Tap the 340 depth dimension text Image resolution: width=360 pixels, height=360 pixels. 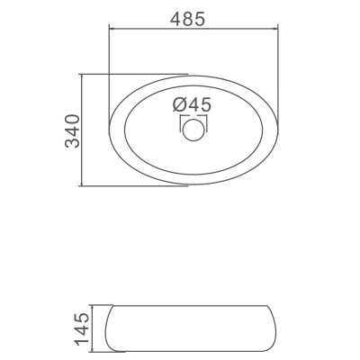point(75,131)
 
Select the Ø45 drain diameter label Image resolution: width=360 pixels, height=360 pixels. point(192,103)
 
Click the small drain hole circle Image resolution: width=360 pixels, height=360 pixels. point(193,130)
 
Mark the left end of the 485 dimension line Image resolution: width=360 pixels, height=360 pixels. point(109,27)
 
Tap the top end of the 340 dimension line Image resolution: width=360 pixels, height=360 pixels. point(84,75)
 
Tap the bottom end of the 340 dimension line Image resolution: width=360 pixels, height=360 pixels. point(84,187)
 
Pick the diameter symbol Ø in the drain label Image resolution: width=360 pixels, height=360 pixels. point(178,103)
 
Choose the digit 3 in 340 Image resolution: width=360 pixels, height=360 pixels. point(75,143)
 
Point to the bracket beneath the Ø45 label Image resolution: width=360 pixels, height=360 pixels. point(193,116)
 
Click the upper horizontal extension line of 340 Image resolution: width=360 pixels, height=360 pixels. point(135,75)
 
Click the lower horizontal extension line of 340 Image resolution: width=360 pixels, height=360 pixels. point(135,187)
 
